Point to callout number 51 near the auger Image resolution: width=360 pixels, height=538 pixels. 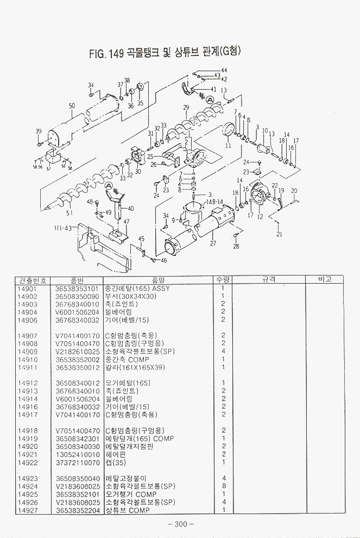[69, 212]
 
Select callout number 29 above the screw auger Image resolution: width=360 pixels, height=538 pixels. [186, 107]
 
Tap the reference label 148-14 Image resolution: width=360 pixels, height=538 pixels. [214, 202]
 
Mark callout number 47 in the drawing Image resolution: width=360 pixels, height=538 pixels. [126, 221]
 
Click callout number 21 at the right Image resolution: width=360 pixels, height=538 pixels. [280, 234]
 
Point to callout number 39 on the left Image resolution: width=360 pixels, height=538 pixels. [38, 131]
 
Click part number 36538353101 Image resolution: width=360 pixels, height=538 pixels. [77, 288]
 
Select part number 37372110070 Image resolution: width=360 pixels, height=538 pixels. [77, 462]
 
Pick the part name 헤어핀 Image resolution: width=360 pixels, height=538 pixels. [115, 454]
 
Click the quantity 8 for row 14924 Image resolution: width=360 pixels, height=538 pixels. [223, 486]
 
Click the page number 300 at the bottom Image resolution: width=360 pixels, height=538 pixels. [181, 524]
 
